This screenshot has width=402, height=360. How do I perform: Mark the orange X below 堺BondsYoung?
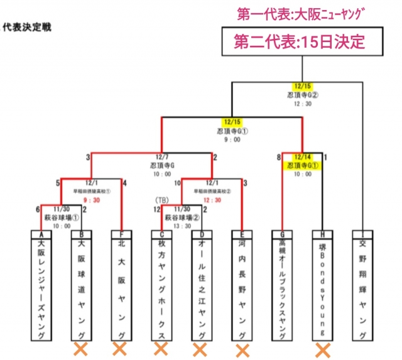tap(322, 349)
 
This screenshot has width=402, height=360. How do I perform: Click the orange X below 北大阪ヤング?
tap(120, 349)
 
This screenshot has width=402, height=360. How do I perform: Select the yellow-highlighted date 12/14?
tap(303, 158)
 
